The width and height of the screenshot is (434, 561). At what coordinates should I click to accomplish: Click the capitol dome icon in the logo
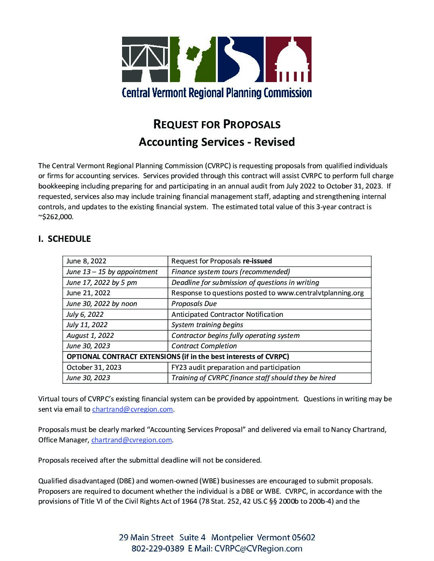pos(288,60)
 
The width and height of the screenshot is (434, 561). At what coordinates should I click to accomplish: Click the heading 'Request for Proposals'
pos(217,124)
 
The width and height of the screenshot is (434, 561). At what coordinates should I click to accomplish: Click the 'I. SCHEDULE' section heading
pos(64,239)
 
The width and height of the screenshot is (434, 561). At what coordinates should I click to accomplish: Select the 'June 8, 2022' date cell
pos(86,261)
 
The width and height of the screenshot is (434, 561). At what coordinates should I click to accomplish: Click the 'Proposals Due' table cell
pos(194,304)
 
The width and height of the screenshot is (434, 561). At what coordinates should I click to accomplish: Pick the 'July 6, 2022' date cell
pos(85,314)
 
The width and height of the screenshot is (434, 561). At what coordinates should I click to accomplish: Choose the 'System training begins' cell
pos(207,325)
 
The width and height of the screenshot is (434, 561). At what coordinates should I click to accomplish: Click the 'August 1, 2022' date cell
pos(90,335)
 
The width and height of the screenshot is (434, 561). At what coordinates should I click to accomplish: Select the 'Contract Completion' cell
pos(204,346)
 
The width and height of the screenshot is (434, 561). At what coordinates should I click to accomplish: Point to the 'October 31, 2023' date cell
pos(94,367)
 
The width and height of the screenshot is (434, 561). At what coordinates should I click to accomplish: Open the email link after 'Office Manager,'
pos(132,440)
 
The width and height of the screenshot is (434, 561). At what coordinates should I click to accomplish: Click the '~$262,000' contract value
pos(56,218)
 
